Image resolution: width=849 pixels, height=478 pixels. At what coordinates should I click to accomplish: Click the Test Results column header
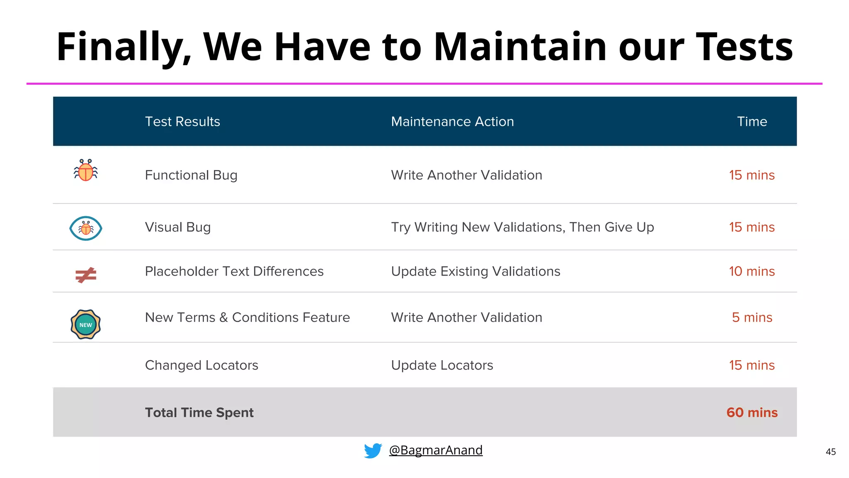click(182, 122)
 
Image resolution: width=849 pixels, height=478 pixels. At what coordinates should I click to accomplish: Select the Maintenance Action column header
click(452, 122)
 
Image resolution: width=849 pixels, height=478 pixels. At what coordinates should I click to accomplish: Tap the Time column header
click(752, 122)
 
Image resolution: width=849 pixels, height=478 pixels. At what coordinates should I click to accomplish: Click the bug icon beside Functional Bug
click(86, 171)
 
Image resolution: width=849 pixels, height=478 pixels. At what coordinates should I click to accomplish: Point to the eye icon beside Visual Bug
click(86, 228)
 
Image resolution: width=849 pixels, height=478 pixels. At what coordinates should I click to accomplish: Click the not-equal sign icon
click(86, 275)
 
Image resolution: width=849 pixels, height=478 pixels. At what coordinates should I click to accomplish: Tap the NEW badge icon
click(86, 324)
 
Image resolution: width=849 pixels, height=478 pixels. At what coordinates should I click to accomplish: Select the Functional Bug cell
click(191, 175)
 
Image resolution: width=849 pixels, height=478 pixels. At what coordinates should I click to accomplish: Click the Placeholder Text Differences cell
click(234, 271)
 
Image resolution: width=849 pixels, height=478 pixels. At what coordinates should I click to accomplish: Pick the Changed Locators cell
click(201, 365)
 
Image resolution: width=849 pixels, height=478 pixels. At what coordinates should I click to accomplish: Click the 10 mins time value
click(752, 271)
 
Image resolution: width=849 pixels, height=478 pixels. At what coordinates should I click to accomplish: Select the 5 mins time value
click(752, 317)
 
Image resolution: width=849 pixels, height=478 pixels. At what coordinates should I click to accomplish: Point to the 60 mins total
click(752, 412)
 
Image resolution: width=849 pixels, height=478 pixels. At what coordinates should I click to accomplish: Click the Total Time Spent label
click(199, 412)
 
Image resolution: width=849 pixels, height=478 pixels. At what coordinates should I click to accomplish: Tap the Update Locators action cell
click(442, 365)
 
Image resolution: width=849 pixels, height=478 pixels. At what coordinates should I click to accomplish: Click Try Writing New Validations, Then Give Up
click(522, 227)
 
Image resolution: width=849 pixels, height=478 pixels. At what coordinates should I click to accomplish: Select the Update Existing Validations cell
click(475, 271)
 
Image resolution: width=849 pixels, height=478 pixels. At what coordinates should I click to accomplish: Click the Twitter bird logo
click(373, 451)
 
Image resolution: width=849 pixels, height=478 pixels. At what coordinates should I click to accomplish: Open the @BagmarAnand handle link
click(436, 450)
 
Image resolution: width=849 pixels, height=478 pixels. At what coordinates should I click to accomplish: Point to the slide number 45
click(830, 452)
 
